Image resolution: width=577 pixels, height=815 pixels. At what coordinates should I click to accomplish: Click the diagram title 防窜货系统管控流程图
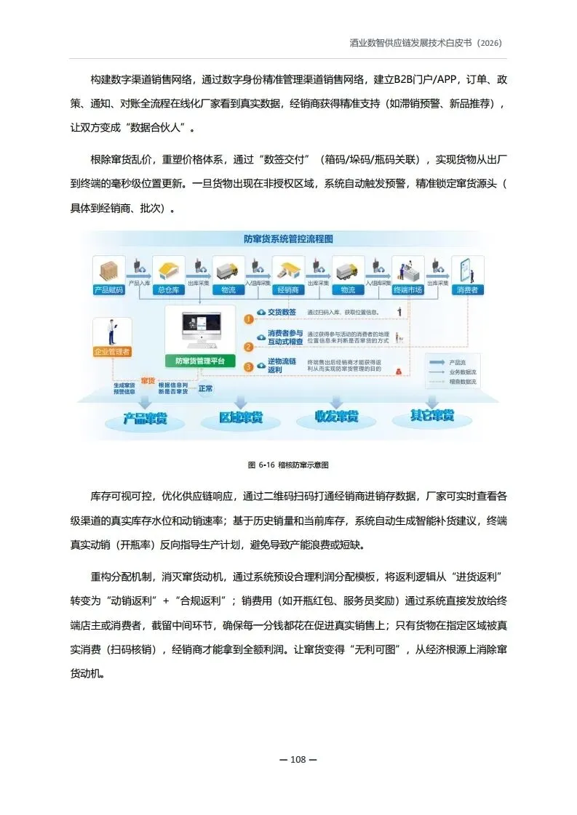[x=288, y=238]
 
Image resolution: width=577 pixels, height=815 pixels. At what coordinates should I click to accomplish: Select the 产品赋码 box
[x=109, y=289]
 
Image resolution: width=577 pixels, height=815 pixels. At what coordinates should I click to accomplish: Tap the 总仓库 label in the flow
[x=169, y=289]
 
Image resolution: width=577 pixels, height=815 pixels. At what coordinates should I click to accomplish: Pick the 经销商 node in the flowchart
[x=289, y=289]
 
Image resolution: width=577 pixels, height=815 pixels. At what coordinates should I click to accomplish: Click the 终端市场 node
[x=407, y=289]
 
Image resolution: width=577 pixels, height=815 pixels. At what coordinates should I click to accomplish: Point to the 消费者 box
[x=466, y=289]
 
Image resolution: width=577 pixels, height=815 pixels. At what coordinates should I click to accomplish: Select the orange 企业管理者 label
[x=112, y=352]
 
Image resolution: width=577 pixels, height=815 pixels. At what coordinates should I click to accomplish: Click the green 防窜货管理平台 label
[x=200, y=361]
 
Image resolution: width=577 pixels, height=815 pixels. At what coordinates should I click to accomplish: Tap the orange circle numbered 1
[x=249, y=318]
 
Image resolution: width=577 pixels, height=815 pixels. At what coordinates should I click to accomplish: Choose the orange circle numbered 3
[x=249, y=367]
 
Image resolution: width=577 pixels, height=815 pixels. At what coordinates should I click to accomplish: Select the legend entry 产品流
[x=458, y=361]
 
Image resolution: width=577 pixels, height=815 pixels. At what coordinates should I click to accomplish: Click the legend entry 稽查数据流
[x=462, y=381]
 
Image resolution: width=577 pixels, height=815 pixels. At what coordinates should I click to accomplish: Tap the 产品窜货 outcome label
[x=146, y=419]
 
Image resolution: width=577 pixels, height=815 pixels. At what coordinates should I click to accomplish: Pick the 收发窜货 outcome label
[x=336, y=417]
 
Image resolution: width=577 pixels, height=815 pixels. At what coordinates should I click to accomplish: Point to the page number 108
[x=298, y=760]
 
